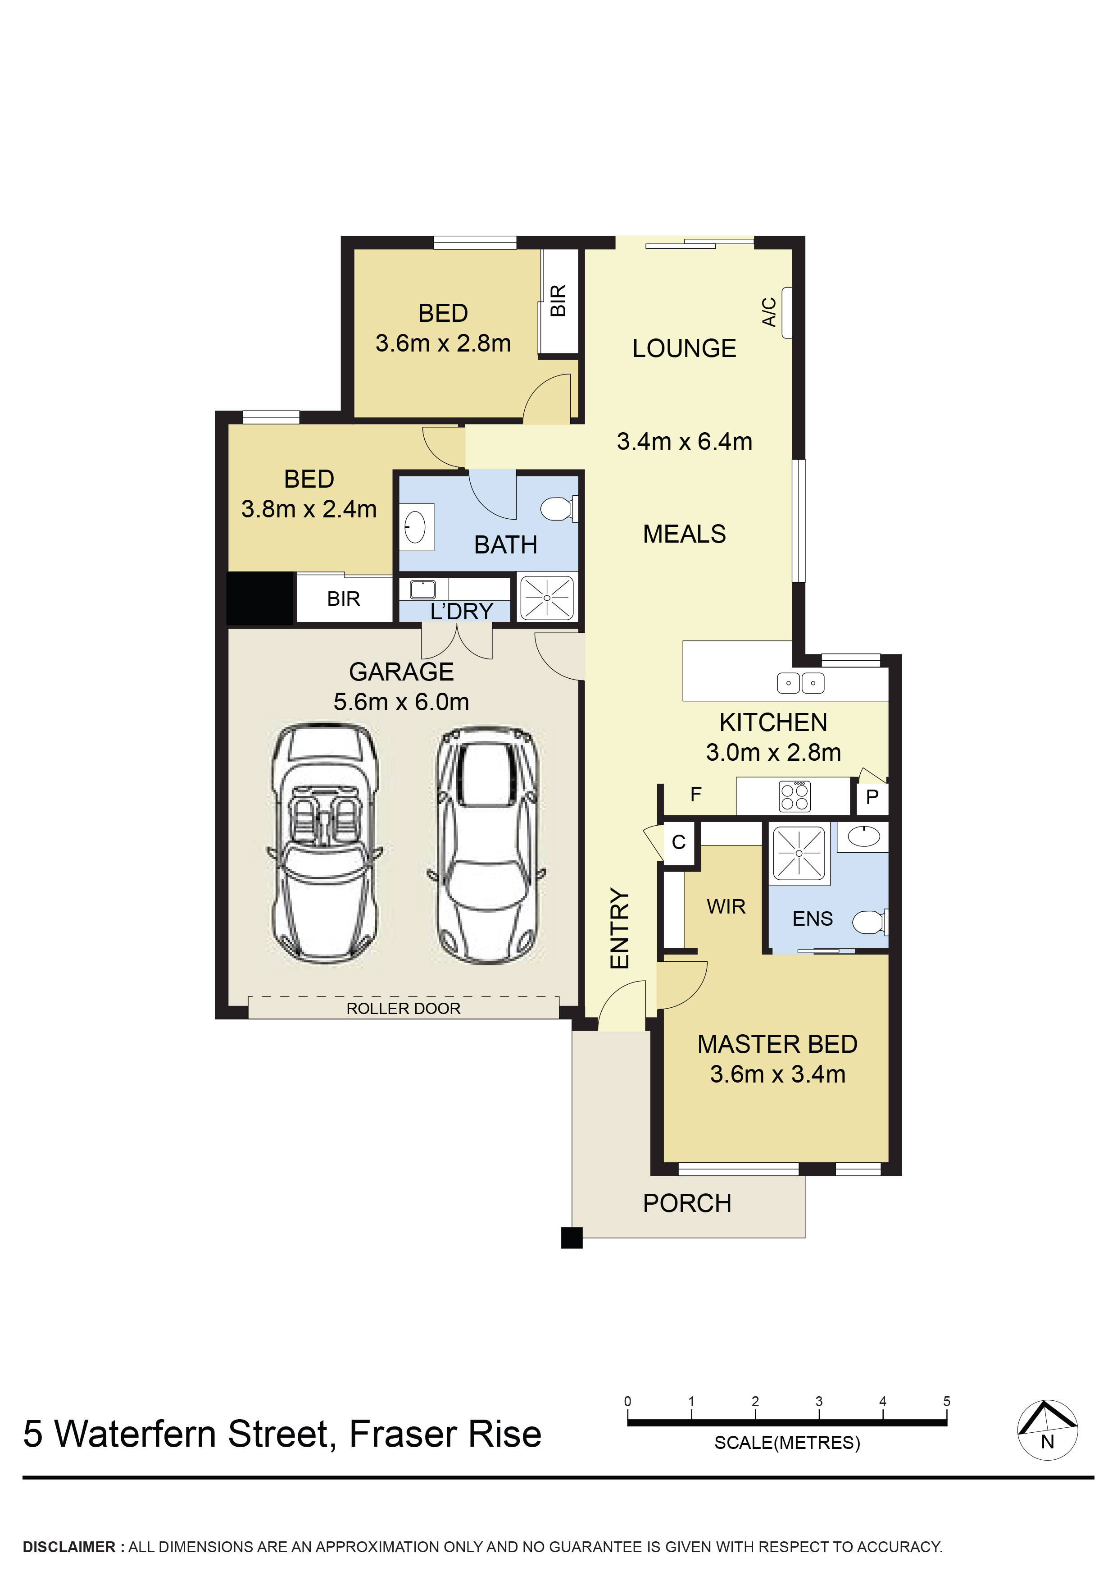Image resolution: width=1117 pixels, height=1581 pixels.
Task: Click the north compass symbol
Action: (1047, 1430)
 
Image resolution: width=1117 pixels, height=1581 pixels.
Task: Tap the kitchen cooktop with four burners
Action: (794, 797)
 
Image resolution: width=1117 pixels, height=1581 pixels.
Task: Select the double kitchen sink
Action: (800, 683)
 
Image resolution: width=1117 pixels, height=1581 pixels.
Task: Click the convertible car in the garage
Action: (323, 844)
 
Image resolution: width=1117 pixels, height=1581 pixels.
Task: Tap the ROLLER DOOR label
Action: (403, 1009)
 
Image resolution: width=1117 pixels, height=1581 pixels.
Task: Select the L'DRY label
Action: (461, 612)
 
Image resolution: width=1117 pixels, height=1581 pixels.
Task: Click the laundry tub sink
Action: (422, 589)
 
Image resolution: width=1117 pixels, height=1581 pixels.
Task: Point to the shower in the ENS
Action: (799, 854)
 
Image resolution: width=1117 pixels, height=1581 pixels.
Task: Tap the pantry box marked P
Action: (872, 797)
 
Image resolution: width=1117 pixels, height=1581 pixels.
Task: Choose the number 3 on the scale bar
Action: (819, 1401)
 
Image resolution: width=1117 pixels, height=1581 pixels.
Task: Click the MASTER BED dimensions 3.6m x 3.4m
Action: (778, 1074)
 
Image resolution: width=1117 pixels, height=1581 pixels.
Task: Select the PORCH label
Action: (687, 1204)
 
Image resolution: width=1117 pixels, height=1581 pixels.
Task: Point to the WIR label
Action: (726, 907)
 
